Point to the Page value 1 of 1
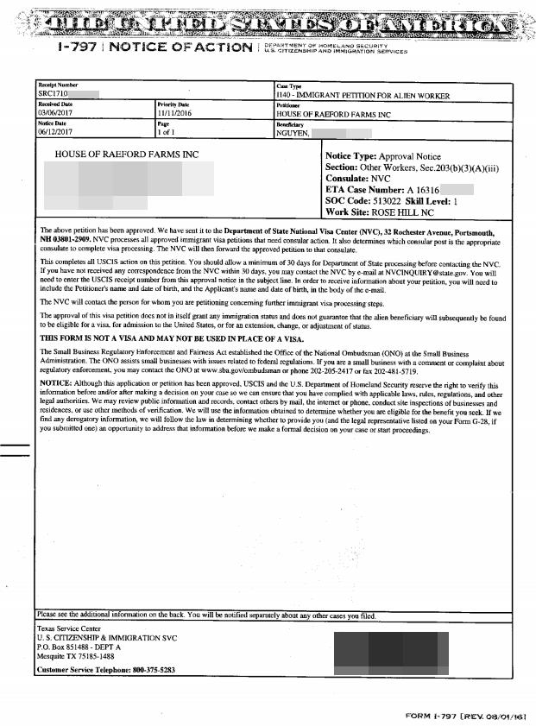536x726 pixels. [167, 133]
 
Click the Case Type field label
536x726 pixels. [288, 86]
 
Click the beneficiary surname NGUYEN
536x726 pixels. [293, 133]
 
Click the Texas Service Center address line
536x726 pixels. [69, 628]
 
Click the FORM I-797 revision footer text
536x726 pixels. [465, 717]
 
